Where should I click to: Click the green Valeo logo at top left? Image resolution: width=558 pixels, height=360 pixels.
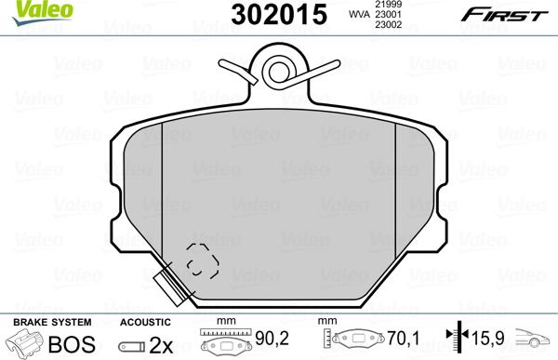point(26,9)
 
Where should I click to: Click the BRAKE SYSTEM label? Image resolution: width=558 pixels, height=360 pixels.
point(40,321)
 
